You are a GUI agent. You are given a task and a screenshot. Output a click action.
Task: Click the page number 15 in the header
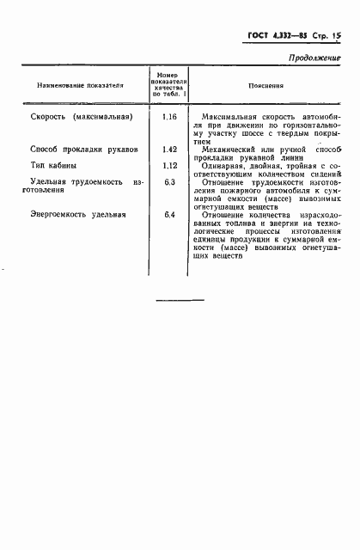[x=337, y=37]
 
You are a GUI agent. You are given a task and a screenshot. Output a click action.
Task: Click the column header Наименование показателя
[x=80, y=86]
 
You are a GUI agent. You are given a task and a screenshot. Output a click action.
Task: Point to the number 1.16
[x=168, y=115]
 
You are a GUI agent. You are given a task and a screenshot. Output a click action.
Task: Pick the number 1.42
[x=168, y=149]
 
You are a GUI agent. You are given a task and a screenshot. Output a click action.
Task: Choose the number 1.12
[x=168, y=165]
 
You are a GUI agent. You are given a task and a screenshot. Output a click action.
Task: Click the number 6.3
[x=168, y=182]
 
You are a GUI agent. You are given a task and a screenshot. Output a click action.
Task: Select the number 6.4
[x=168, y=214]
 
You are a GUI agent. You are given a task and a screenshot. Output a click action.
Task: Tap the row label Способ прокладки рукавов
[x=82, y=149]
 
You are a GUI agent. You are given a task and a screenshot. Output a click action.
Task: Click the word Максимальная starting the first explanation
[x=225, y=115]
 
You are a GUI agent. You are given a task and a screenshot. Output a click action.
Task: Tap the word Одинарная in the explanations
[x=223, y=165]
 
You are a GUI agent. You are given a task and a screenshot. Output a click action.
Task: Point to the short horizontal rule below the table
[x=180, y=299]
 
